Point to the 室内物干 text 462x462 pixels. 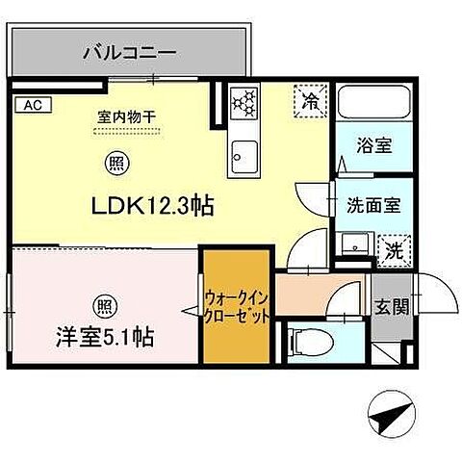pos(127,117)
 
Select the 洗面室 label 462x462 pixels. pos(367,204)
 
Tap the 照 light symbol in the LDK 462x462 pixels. pos(115,164)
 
